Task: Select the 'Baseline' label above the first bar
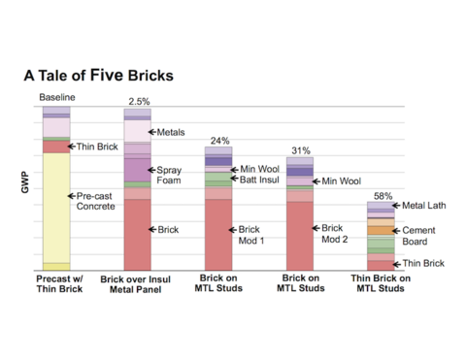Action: (57, 98)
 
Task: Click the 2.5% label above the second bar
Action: (139, 102)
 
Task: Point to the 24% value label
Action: (219, 142)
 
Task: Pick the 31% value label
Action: (301, 150)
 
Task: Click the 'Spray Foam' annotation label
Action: (170, 175)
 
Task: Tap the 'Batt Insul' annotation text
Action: (258, 180)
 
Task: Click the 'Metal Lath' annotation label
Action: (424, 206)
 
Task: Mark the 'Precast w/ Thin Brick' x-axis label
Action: (56, 283)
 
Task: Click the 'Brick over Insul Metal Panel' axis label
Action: (138, 283)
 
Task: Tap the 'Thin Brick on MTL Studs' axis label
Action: (381, 283)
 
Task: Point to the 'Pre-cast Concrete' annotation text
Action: (97, 201)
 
